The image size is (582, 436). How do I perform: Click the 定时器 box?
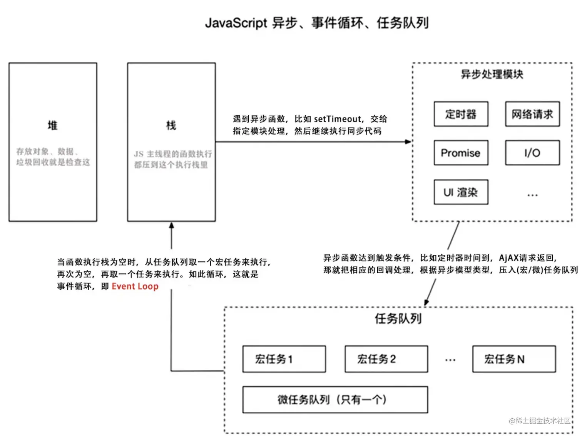461,114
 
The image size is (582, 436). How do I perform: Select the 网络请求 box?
532,114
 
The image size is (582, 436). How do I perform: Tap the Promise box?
461,153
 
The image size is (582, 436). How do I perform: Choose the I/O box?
532,153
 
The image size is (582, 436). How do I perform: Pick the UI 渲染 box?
461,192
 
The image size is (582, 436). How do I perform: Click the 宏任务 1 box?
284,359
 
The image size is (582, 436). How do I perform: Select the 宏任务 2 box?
386,359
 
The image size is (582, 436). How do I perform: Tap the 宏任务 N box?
514,359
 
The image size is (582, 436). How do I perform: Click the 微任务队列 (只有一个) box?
335,400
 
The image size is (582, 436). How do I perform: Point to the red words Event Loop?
135,286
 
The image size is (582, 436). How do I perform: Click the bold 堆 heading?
53,125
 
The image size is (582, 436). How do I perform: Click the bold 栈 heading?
171,125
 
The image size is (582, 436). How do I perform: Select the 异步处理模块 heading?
492,74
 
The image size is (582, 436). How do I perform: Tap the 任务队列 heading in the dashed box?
398,318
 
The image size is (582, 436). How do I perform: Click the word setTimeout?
338,119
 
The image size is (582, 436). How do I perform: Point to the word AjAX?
508,258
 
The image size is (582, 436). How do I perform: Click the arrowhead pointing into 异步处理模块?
408,142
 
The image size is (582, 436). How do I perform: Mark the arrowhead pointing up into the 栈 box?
172,225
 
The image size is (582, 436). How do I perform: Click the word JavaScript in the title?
236,23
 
